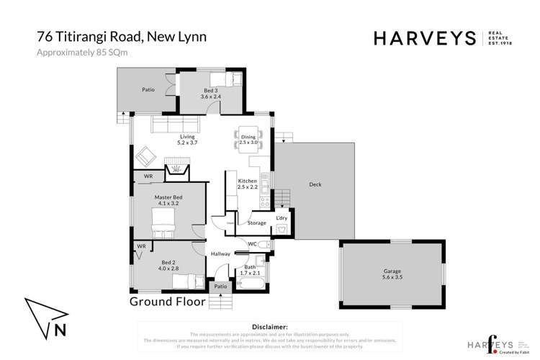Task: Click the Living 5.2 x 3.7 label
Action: tap(187, 140)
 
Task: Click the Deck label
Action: tap(315, 184)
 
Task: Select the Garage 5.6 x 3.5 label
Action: tap(387, 275)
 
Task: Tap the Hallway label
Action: tap(220, 253)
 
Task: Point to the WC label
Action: tap(253, 244)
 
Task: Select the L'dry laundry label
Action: tap(282, 217)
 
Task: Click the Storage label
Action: tap(258, 223)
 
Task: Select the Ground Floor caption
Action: tap(167, 302)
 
